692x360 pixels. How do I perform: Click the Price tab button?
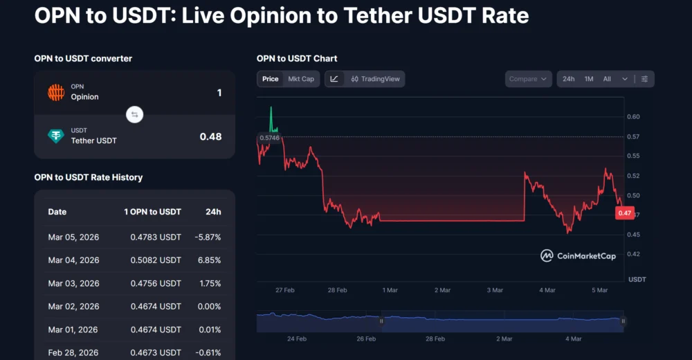point(270,79)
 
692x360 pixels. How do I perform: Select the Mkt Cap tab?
point(301,79)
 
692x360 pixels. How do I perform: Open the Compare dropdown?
point(529,79)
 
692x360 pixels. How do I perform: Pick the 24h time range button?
point(568,79)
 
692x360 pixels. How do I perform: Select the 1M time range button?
point(589,79)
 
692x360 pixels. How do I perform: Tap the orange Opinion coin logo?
point(56,92)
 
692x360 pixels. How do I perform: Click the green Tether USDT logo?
point(56,136)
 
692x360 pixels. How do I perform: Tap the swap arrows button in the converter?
point(135,114)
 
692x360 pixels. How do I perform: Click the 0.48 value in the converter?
point(210,136)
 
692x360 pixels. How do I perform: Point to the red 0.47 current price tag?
point(624,213)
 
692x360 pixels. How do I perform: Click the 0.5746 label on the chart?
point(268,138)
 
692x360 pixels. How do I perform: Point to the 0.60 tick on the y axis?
point(634,117)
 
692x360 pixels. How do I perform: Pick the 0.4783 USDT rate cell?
point(156,237)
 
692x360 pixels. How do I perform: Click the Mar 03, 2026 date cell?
point(73,284)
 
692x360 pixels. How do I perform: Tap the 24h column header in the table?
point(214,212)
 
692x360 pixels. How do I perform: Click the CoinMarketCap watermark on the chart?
point(578,255)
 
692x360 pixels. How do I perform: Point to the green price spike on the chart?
point(271,118)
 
